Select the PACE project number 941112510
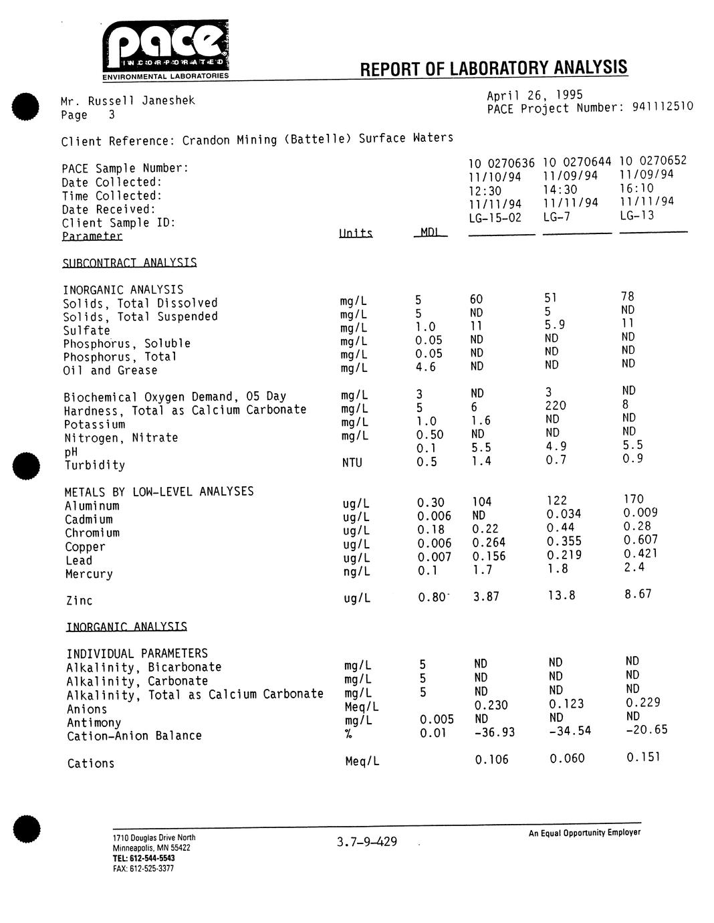pyautogui.click(x=661, y=107)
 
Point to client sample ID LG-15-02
pyautogui.click(x=495, y=218)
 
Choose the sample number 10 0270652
pyautogui.click(x=652, y=161)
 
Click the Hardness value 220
pyautogui.click(x=556, y=405)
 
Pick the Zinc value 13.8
pyautogui.click(x=561, y=595)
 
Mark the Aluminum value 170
pyautogui.click(x=633, y=499)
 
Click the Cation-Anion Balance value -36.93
pyautogui.click(x=493, y=732)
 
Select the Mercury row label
pyautogui.click(x=89, y=574)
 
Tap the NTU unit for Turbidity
pyautogui.click(x=352, y=462)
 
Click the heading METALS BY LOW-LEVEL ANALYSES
pyautogui.click(x=159, y=492)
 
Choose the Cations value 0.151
pyautogui.click(x=643, y=757)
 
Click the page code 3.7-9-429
pyautogui.click(x=367, y=841)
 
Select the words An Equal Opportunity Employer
pyautogui.click(x=584, y=833)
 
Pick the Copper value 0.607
pyautogui.click(x=640, y=540)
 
